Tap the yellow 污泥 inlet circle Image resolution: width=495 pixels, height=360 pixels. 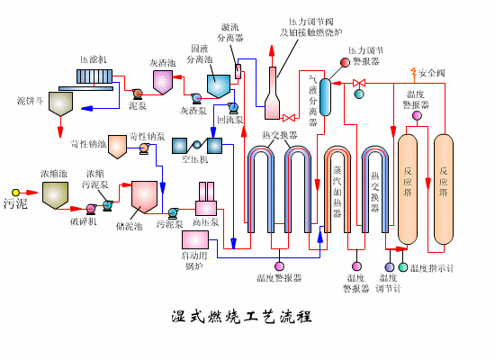click(x=28, y=192)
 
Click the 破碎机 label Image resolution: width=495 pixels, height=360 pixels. click(x=83, y=221)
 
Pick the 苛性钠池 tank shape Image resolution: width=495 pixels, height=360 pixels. click(x=119, y=143)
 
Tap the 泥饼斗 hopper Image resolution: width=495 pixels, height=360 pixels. click(x=61, y=103)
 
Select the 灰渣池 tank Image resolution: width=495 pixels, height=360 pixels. click(x=163, y=82)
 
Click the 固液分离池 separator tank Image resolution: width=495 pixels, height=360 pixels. click(x=219, y=85)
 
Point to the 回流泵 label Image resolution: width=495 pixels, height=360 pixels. click(x=229, y=119)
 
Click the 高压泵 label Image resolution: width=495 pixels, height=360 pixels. click(x=206, y=221)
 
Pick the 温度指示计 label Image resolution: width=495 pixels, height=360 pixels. click(x=432, y=268)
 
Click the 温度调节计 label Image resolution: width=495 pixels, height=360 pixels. click(x=389, y=283)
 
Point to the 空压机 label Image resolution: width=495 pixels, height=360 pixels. click(x=194, y=159)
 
